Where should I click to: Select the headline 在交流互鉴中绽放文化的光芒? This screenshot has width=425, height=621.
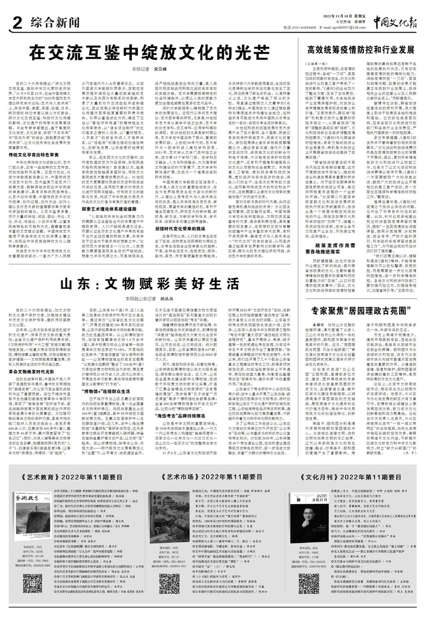click(x=148, y=51)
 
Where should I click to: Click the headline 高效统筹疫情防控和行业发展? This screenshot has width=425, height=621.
click(x=360, y=50)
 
